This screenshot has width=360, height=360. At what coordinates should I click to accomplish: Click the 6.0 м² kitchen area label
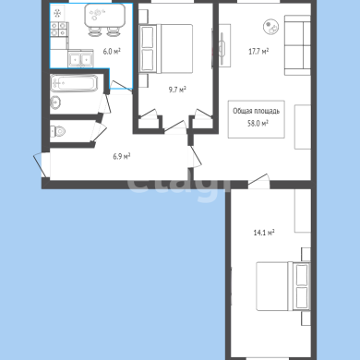coord(112,51)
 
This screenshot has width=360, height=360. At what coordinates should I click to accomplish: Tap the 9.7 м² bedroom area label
coord(177,90)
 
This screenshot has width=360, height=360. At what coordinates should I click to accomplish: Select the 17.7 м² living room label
coord(258,51)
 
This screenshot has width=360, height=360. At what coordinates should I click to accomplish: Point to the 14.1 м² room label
coord(264,233)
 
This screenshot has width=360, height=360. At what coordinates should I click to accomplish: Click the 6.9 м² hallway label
coord(122,157)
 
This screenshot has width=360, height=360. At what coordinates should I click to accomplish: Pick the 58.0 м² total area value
coord(258,124)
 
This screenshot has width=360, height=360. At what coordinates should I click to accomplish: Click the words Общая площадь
coord(257,111)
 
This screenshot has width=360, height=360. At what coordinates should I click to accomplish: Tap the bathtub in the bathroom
coord(74,83)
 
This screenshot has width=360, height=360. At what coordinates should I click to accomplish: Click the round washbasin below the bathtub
coord(55,102)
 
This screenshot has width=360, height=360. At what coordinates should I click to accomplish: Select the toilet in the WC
coord(58,131)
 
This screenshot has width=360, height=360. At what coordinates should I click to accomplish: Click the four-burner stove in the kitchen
coord(58,30)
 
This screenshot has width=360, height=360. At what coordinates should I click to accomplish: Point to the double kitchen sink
coord(80,58)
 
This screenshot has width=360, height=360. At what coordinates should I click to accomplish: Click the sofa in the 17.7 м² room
coord(297,45)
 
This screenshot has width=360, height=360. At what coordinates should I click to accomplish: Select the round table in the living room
coord(271,27)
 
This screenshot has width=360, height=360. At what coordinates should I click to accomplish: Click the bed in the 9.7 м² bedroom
coord(166,49)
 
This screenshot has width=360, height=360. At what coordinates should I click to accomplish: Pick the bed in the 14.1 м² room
coord(283,286)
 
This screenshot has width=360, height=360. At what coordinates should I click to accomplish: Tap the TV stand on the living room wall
coord(225,45)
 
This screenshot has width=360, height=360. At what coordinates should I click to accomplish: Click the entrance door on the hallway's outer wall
coord(42,164)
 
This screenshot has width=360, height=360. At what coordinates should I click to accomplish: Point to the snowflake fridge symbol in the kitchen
coord(57,13)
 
